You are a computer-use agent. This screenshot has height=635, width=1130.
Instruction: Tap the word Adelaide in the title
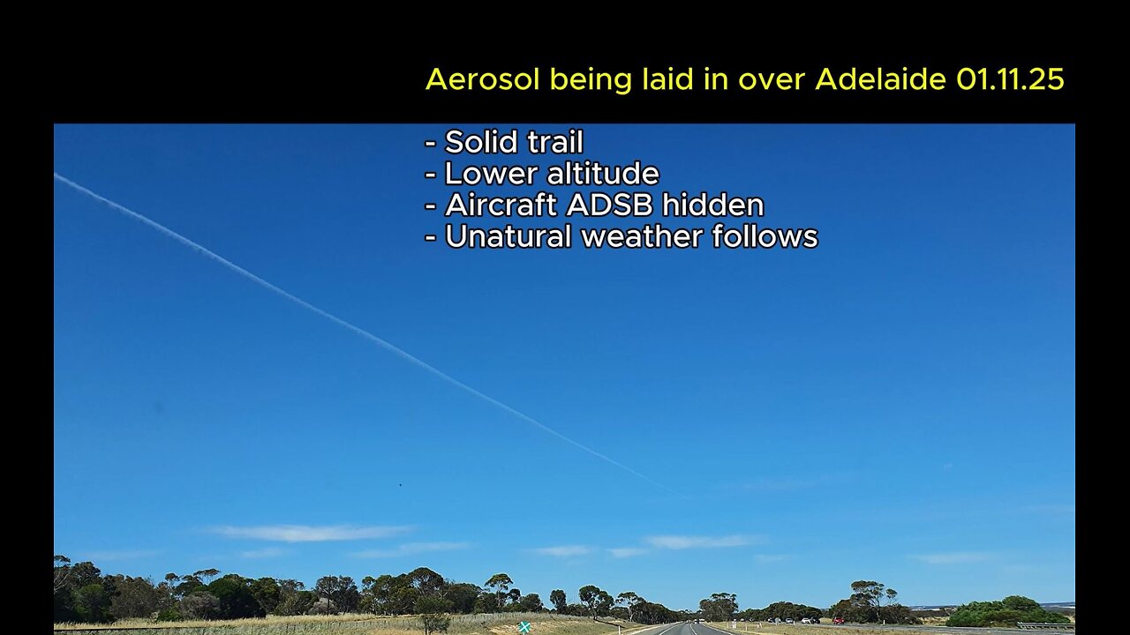881,79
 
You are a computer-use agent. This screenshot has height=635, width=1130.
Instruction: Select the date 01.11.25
1010,79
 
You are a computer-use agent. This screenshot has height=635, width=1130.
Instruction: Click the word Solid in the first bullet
477,142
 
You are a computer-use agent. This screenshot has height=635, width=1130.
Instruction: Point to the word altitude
601,174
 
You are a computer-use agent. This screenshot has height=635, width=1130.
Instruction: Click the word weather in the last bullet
642,237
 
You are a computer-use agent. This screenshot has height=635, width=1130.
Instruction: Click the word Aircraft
501,205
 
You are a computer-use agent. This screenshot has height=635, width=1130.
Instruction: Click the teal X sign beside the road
524,627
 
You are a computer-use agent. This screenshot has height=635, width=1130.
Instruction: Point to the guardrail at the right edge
1046,625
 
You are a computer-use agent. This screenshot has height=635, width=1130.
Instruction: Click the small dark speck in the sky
400,484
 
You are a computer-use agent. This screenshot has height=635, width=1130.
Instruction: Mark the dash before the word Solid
430,143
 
